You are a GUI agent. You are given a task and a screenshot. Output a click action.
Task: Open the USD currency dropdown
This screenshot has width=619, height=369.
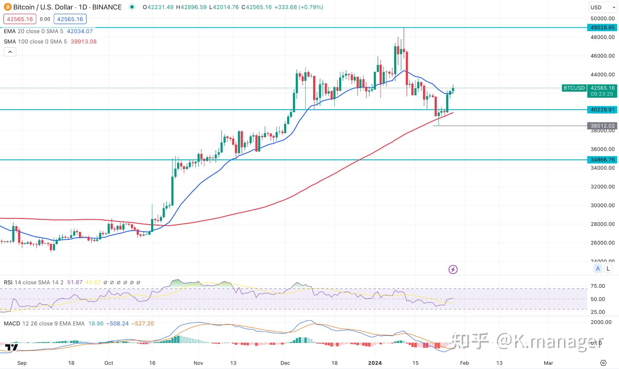click(x=602, y=7)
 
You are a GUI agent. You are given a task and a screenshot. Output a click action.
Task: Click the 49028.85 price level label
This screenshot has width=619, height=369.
click(x=602, y=28)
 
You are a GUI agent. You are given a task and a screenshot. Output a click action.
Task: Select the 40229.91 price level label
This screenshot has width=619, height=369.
click(x=602, y=109)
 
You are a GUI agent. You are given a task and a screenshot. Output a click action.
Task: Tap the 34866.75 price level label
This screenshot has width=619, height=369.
click(x=602, y=160)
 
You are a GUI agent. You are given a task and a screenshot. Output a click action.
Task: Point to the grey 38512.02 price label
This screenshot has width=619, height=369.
click(x=602, y=126)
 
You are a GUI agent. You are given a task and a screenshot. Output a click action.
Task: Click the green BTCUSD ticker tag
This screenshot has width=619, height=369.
click(x=574, y=88)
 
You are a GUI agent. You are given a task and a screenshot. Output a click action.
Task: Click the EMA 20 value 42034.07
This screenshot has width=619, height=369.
click(x=80, y=31)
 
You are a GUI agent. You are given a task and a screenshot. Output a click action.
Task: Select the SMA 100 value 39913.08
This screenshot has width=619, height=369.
click(x=83, y=41)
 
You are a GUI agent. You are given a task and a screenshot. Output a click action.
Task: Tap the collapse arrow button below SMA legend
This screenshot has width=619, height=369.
click(x=10, y=52)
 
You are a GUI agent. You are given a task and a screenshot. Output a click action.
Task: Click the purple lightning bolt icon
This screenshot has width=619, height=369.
click(x=453, y=269)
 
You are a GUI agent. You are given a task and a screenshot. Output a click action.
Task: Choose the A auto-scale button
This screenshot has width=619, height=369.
click(x=598, y=268)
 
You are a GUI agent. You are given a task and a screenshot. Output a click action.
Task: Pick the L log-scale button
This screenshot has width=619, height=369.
click(x=608, y=268)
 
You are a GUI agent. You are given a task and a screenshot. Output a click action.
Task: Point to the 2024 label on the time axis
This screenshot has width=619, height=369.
click(x=375, y=363)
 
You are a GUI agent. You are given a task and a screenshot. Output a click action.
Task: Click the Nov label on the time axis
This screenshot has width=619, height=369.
click(x=198, y=363)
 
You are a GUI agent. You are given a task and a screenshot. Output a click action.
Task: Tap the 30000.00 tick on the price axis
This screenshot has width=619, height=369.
click(x=602, y=205)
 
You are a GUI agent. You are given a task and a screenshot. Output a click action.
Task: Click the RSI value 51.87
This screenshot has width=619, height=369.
click(x=75, y=282)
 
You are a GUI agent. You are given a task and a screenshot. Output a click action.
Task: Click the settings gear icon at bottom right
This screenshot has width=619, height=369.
click(x=603, y=363)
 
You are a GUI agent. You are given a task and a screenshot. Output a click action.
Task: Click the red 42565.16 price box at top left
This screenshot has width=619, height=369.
click(x=20, y=19)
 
